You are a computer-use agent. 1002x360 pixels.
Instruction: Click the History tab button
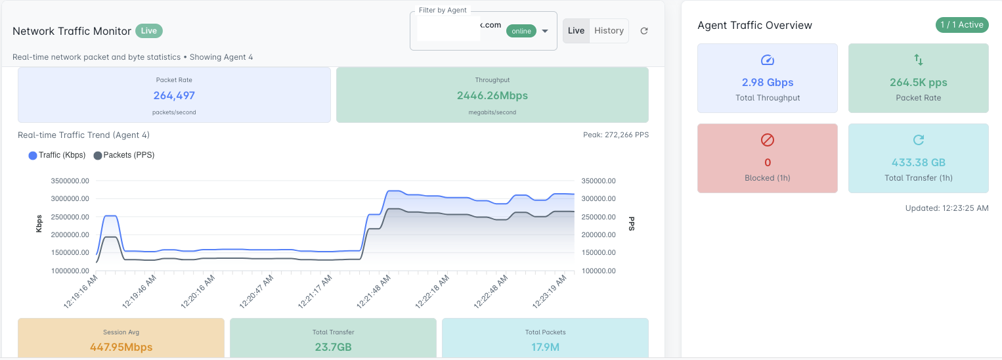pyautogui.click(x=609, y=31)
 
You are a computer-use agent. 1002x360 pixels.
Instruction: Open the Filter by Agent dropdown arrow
pyautogui.click(x=545, y=31)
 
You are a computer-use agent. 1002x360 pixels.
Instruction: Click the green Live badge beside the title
pyautogui.click(x=149, y=31)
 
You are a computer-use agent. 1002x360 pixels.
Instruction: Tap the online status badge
pyautogui.click(x=521, y=31)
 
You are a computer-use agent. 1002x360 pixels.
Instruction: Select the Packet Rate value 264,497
pyautogui.click(x=174, y=95)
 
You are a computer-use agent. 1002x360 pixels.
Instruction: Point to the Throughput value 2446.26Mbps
pyautogui.click(x=492, y=95)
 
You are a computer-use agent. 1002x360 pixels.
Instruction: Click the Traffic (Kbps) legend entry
pyautogui.click(x=57, y=155)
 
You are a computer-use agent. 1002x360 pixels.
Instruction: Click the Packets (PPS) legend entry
pyautogui.click(x=124, y=155)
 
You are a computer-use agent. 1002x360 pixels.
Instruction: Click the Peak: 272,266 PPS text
pyautogui.click(x=615, y=135)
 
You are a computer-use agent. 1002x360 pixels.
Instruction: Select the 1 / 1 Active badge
pyautogui.click(x=961, y=25)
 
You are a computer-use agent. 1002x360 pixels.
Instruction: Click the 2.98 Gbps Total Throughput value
pyautogui.click(x=767, y=83)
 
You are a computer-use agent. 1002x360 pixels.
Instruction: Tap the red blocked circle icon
pyautogui.click(x=767, y=140)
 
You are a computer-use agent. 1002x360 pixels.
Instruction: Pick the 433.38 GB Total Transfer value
pyautogui.click(x=918, y=162)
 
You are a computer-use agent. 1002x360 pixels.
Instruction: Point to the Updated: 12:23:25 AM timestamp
pyautogui.click(x=946, y=208)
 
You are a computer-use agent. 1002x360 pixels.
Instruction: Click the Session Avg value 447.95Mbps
pyautogui.click(x=121, y=346)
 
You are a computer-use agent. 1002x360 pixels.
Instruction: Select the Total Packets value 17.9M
pyautogui.click(x=545, y=346)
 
